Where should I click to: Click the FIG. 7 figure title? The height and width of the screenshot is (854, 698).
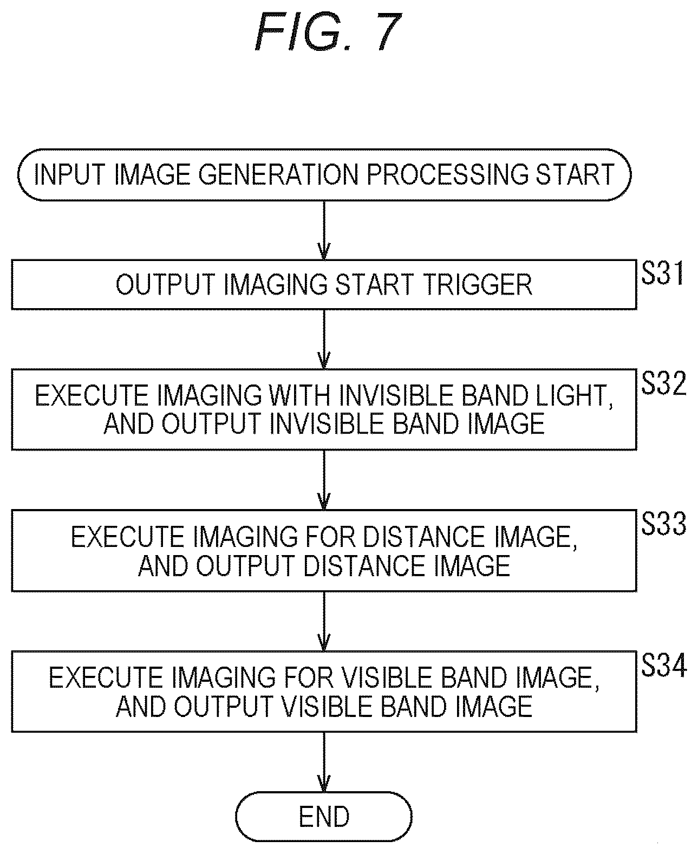point(328,32)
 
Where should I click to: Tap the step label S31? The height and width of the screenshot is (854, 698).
point(662,273)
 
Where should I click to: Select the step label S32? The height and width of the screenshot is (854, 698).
point(663,383)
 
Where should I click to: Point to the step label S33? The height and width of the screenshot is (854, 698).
point(663,524)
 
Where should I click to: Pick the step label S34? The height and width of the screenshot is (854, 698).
point(663,666)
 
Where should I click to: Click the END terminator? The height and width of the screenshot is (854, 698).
point(324,816)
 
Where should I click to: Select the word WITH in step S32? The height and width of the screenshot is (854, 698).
point(300,396)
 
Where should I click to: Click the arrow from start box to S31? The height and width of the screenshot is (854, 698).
point(324,230)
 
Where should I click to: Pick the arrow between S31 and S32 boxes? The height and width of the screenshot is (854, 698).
point(324,340)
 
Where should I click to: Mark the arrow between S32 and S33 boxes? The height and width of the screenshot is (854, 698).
point(324,480)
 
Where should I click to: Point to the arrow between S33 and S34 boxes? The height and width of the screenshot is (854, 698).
point(324,621)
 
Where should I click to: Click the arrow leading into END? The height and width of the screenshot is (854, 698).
point(324,762)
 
